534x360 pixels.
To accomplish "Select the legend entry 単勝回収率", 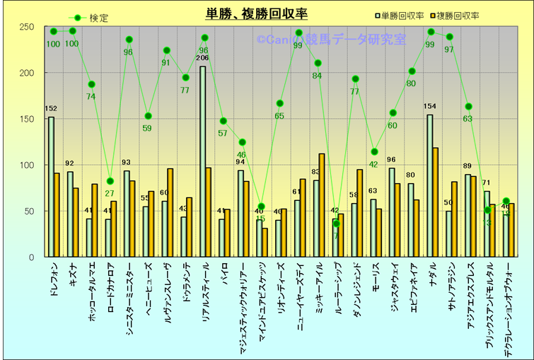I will [401, 15].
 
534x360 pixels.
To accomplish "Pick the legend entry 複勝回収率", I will [453, 15].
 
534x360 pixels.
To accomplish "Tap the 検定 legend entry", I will [91, 18].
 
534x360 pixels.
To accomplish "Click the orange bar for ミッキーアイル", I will [322, 205].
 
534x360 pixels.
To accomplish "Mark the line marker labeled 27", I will [110, 181].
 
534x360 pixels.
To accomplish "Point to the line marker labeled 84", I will [318, 64].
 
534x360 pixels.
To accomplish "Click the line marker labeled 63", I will [468, 107].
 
